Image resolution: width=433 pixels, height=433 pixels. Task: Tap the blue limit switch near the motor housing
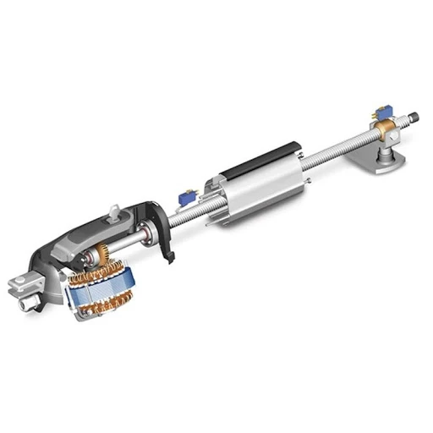(184, 198)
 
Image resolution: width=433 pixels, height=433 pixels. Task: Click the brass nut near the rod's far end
(391, 128)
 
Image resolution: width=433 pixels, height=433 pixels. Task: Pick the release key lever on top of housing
(112, 208)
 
